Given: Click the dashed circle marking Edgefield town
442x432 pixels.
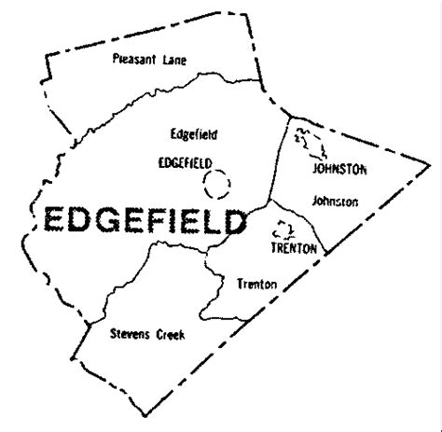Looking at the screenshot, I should coord(218,185).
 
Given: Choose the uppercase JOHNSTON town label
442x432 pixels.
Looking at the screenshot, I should coord(339,169).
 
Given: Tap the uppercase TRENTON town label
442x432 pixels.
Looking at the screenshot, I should coord(294,250).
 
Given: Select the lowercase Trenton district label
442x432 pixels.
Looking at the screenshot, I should coord(256,283).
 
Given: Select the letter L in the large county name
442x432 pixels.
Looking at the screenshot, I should coord(205,221).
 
